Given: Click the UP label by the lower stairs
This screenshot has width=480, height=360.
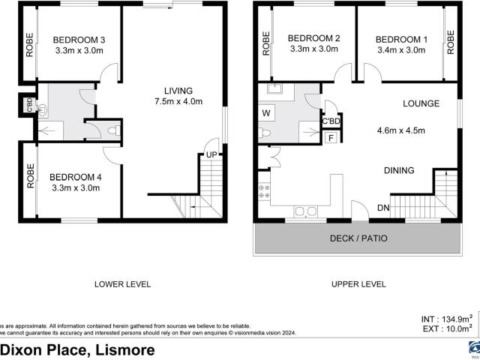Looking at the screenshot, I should coord(213,155).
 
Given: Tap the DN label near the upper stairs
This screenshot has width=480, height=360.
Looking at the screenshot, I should coord(383,208).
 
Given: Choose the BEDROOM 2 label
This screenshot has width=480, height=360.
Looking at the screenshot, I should coord(314,39).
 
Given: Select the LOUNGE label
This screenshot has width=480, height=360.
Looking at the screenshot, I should coord(421,103).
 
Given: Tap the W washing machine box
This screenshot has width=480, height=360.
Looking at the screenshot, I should coord(266,113).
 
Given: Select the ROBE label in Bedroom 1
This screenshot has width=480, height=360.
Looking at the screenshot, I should coord(451,43).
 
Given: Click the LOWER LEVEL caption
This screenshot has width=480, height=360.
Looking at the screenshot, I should coord(123,284).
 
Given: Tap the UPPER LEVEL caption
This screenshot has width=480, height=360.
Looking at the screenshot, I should coord(358,284).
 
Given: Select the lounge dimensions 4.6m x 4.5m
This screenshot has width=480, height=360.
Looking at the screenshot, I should coord(400,130).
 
